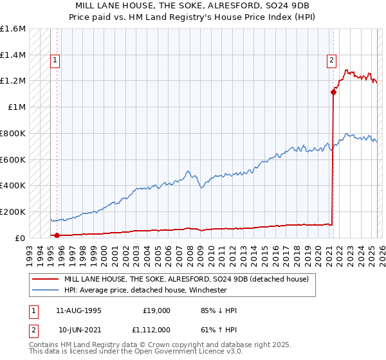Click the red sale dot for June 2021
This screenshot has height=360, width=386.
coord(334,92)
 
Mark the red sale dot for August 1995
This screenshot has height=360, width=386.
coord(57,235)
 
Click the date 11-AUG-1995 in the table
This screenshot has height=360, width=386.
coord(78,310)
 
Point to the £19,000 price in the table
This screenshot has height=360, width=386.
coord(156,310)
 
